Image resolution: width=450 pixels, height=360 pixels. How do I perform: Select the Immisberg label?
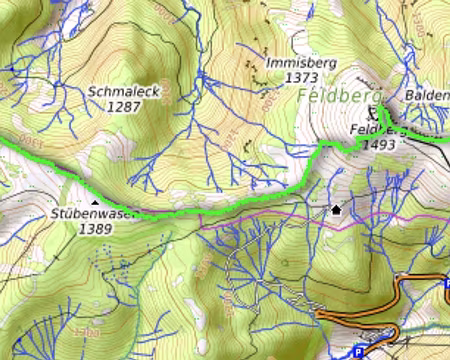(302, 62)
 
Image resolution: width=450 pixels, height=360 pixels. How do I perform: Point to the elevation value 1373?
(301, 76)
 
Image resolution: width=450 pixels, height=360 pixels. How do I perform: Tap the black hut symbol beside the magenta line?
(337, 210)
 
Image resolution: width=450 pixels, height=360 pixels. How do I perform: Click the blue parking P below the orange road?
(358, 352)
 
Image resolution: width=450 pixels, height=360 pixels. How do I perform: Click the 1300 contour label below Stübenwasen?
(86, 330)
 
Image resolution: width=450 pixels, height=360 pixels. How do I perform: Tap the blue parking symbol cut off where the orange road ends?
(446, 286)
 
